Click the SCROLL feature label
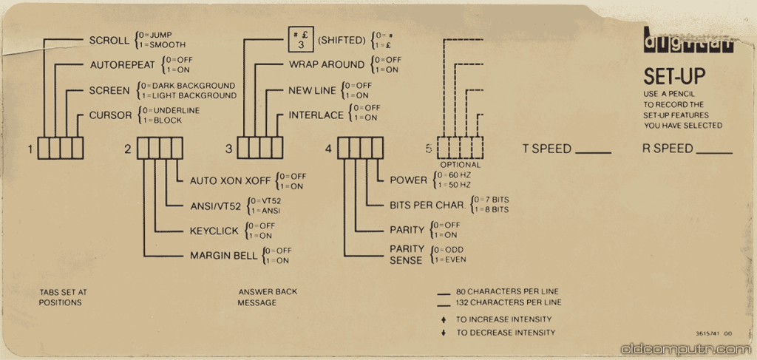[x=109, y=40]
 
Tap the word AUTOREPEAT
[x=123, y=65]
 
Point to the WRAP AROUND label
[x=326, y=64]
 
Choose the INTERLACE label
[x=316, y=115]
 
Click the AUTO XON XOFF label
[x=230, y=180]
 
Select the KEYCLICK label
[x=214, y=231]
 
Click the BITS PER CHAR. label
[x=427, y=205]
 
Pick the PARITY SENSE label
[x=407, y=254]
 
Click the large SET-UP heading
[x=674, y=76]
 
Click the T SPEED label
[x=547, y=149]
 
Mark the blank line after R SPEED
[x=713, y=153]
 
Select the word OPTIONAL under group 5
[x=460, y=165]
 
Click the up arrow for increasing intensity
[x=443, y=319]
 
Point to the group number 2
[x=128, y=149]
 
